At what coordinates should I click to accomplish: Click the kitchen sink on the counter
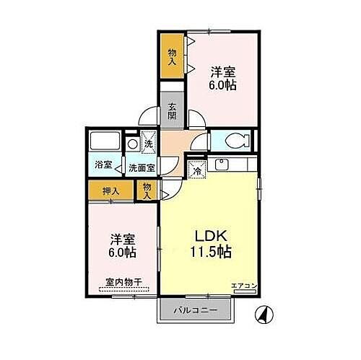[x=222, y=164]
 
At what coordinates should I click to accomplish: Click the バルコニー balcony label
[x=196, y=311]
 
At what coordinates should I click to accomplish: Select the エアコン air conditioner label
[x=244, y=286]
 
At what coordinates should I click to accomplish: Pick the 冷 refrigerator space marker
[x=195, y=170]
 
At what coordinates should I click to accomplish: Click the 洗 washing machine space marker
[x=149, y=143]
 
